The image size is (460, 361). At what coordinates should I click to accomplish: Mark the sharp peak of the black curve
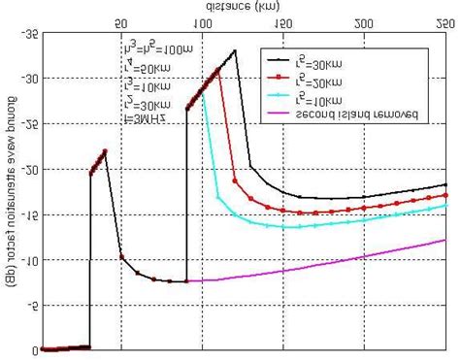pyautogui.click(x=235, y=50)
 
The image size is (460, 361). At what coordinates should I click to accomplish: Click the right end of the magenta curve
pyautogui.click(x=445, y=240)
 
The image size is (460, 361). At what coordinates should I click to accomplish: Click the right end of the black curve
pyautogui.click(x=445, y=184)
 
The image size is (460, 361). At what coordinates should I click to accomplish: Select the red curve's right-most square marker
pyautogui.click(x=445, y=194)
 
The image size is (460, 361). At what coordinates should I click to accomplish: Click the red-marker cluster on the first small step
pyautogui.click(x=98, y=162)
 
